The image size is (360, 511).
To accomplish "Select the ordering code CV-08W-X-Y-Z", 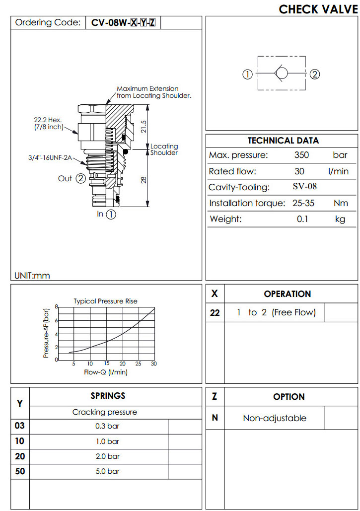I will click(x=123, y=23).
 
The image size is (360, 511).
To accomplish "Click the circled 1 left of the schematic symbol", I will click(x=247, y=74).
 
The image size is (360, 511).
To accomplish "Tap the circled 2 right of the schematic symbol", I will click(x=314, y=74).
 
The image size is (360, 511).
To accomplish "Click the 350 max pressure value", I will click(x=301, y=155).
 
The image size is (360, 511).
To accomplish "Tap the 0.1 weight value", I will click(x=302, y=219).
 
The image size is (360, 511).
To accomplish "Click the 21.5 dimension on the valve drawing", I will click(x=144, y=127).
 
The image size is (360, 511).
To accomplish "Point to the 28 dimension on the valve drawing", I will click(x=144, y=179).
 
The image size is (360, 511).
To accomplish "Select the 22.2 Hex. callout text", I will click(x=48, y=120).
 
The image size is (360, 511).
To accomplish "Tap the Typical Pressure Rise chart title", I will click(x=105, y=301).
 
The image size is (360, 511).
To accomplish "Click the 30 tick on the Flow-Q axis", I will click(x=153, y=364).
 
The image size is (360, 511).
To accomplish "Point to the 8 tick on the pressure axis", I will click(x=57, y=307).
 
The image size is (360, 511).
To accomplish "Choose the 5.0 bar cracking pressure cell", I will click(x=107, y=471).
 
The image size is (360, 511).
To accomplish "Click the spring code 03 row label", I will click(x=20, y=426).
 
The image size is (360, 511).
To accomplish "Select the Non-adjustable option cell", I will click(x=274, y=418).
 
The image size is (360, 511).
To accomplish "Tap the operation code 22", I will click(x=215, y=313).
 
